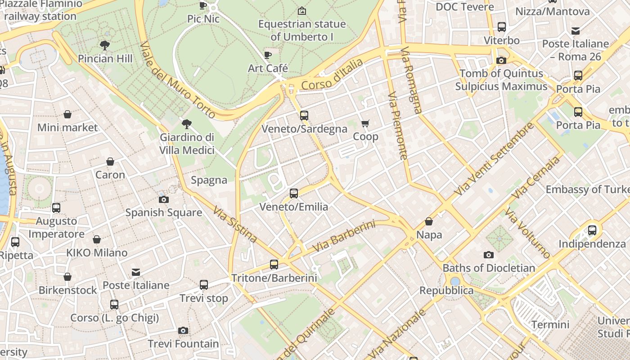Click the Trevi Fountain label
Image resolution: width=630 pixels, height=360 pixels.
click(183, 344)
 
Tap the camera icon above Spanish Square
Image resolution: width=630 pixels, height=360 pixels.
click(164, 199)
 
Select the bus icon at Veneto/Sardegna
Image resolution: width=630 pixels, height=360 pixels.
click(304, 116)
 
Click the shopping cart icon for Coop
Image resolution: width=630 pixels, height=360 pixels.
click(365, 123)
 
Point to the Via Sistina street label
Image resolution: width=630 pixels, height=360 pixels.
click(235, 224)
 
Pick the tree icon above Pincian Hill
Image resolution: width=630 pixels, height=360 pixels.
click(105, 45)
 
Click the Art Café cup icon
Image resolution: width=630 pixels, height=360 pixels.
click(268, 55)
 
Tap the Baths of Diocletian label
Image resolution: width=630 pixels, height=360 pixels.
click(489, 268)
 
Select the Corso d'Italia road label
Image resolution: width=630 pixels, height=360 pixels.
click(332, 75)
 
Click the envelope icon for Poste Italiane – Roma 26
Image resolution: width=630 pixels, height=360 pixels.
click(576, 31)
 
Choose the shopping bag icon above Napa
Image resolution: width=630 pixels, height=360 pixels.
click(429, 221)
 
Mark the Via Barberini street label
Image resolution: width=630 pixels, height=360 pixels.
click(344, 236)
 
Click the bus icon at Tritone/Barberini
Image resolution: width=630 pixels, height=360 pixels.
click(274, 265)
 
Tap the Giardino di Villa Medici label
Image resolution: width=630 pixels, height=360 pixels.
click(187, 144)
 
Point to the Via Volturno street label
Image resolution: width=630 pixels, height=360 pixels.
click(527, 233)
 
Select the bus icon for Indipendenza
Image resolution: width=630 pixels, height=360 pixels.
click(592, 230)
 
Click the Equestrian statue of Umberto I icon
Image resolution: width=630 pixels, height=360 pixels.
click(302, 11)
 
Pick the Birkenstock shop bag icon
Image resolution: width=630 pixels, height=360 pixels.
click(67, 277)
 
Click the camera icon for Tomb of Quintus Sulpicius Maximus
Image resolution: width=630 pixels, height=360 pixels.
click(501, 60)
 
